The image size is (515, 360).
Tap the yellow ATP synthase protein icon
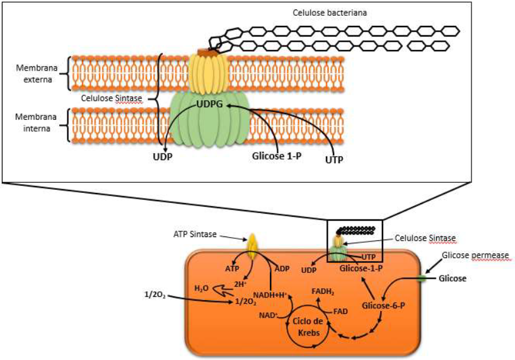pyautogui.click(x=253, y=246)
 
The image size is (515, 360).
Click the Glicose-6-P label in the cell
pyautogui.click(x=383, y=305)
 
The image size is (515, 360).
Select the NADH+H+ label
pyautogui.click(x=270, y=294)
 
